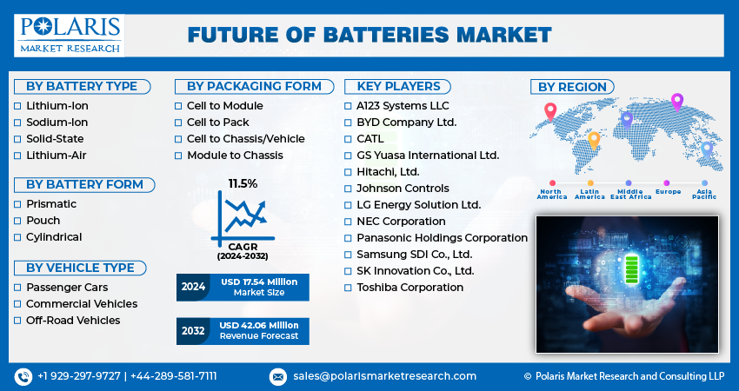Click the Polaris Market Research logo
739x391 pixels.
[70, 36]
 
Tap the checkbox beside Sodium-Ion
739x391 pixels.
[17, 123]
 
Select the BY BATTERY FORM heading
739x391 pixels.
[84, 185]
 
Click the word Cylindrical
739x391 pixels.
[54, 237]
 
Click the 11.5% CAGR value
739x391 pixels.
[243, 183]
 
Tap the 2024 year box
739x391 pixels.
[193, 287]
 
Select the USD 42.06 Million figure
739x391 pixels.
[259, 326]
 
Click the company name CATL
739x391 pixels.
[370, 139]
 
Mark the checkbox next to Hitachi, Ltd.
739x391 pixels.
[348, 172]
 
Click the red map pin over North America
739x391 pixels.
[550, 111]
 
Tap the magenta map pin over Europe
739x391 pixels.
[676, 102]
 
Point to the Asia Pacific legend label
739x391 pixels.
[704, 194]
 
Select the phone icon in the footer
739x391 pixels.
[23, 376]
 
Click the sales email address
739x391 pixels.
[384, 376]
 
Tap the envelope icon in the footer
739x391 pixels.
[277, 376]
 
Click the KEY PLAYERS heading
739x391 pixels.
[398, 87]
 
